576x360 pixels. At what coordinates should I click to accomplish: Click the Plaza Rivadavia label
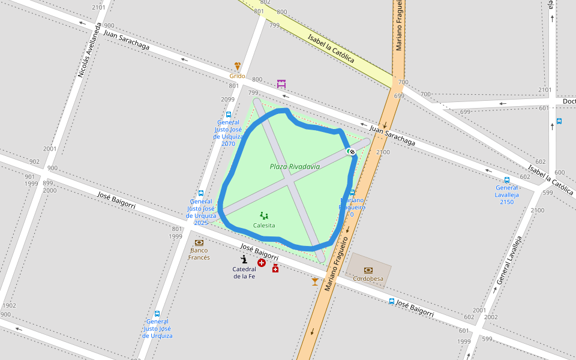click(x=295, y=166)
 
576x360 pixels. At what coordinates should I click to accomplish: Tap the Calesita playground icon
click(x=264, y=215)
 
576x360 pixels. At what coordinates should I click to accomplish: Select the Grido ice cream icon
click(x=238, y=66)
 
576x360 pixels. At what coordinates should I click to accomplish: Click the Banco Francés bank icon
click(x=199, y=242)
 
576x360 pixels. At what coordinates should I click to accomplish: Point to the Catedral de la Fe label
click(x=244, y=272)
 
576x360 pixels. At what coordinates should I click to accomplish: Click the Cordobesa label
click(x=368, y=278)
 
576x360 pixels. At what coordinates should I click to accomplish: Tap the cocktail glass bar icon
click(x=315, y=281)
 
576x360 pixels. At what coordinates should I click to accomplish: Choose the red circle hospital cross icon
click(x=262, y=263)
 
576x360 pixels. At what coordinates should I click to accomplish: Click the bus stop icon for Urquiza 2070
click(x=228, y=115)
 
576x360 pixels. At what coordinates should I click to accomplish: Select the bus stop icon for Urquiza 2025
click(x=200, y=193)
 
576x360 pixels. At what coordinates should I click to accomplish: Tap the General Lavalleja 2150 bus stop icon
click(x=507, y=179)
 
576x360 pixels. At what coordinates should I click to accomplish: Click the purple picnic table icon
click(x=281, y=83)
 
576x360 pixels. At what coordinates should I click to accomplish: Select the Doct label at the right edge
click(x=568, y=101)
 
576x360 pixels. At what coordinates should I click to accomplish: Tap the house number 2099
click(x=227, y=100)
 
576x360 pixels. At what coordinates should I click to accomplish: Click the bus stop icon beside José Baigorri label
click(x=391, y=301)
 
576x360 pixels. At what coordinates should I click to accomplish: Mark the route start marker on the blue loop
click(x=351, y=151)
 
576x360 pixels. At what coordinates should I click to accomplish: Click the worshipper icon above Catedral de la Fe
click(x=244, y=259)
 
